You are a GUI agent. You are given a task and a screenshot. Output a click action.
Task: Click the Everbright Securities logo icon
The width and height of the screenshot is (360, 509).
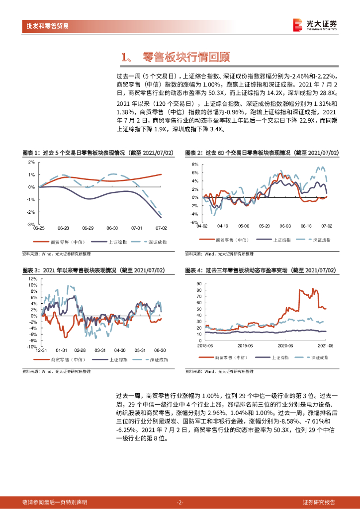[x=297, y=25]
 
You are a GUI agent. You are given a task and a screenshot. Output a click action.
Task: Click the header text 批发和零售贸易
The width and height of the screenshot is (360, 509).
[x=47, y=26]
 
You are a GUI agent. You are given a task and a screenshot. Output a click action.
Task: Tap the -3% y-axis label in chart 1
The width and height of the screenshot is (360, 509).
[x=31, y=225]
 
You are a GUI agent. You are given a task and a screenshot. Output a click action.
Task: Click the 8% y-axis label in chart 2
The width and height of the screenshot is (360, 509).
[x=195, y=164]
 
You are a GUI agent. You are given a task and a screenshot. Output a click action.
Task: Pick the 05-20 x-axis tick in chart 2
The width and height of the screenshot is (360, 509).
[x=264, y=226]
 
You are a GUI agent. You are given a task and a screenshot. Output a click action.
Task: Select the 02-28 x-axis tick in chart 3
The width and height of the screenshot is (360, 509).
[x=81, y=350]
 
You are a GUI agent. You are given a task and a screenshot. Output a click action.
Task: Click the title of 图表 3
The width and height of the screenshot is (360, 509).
[x=93, y=270]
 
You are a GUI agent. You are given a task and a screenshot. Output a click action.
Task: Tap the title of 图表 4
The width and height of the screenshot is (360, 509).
[x=261, y=270]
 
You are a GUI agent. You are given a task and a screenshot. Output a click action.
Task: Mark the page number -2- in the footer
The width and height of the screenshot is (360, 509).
[x=180, y=502]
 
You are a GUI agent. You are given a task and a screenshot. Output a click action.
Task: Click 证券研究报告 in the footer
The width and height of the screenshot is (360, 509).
[x=319, y=502]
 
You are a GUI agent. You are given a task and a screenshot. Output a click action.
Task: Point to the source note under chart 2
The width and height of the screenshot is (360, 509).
[x=219, y=254]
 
